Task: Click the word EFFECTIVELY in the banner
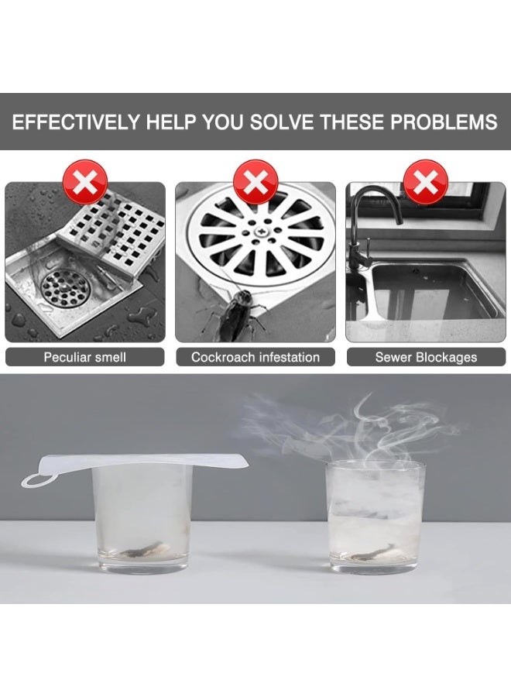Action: [76, 122]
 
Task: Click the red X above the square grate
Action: [85, 182]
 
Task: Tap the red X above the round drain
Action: [256, 182]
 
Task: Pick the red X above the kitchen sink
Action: [425, 182]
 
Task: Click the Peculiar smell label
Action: [85, 357]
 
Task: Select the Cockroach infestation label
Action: [256, 357]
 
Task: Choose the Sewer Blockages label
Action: [426, 357]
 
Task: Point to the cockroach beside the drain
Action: [235, 314]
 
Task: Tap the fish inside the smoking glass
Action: [372, 552]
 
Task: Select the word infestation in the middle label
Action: [290, 357]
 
